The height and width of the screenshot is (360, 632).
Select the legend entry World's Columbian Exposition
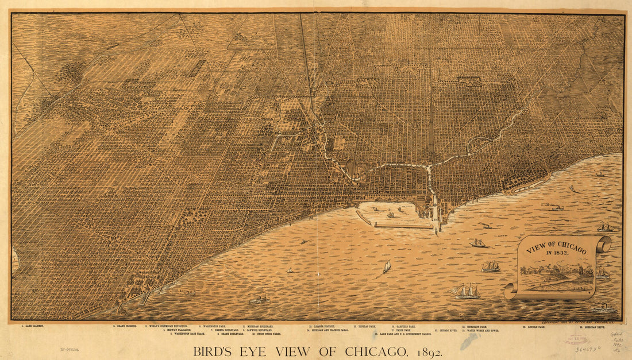coord(167,326)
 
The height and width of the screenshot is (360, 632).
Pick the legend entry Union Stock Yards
coord(266,334)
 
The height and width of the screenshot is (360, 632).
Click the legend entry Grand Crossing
coord(126,326)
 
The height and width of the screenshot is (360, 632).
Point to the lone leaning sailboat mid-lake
coord(387,266)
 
